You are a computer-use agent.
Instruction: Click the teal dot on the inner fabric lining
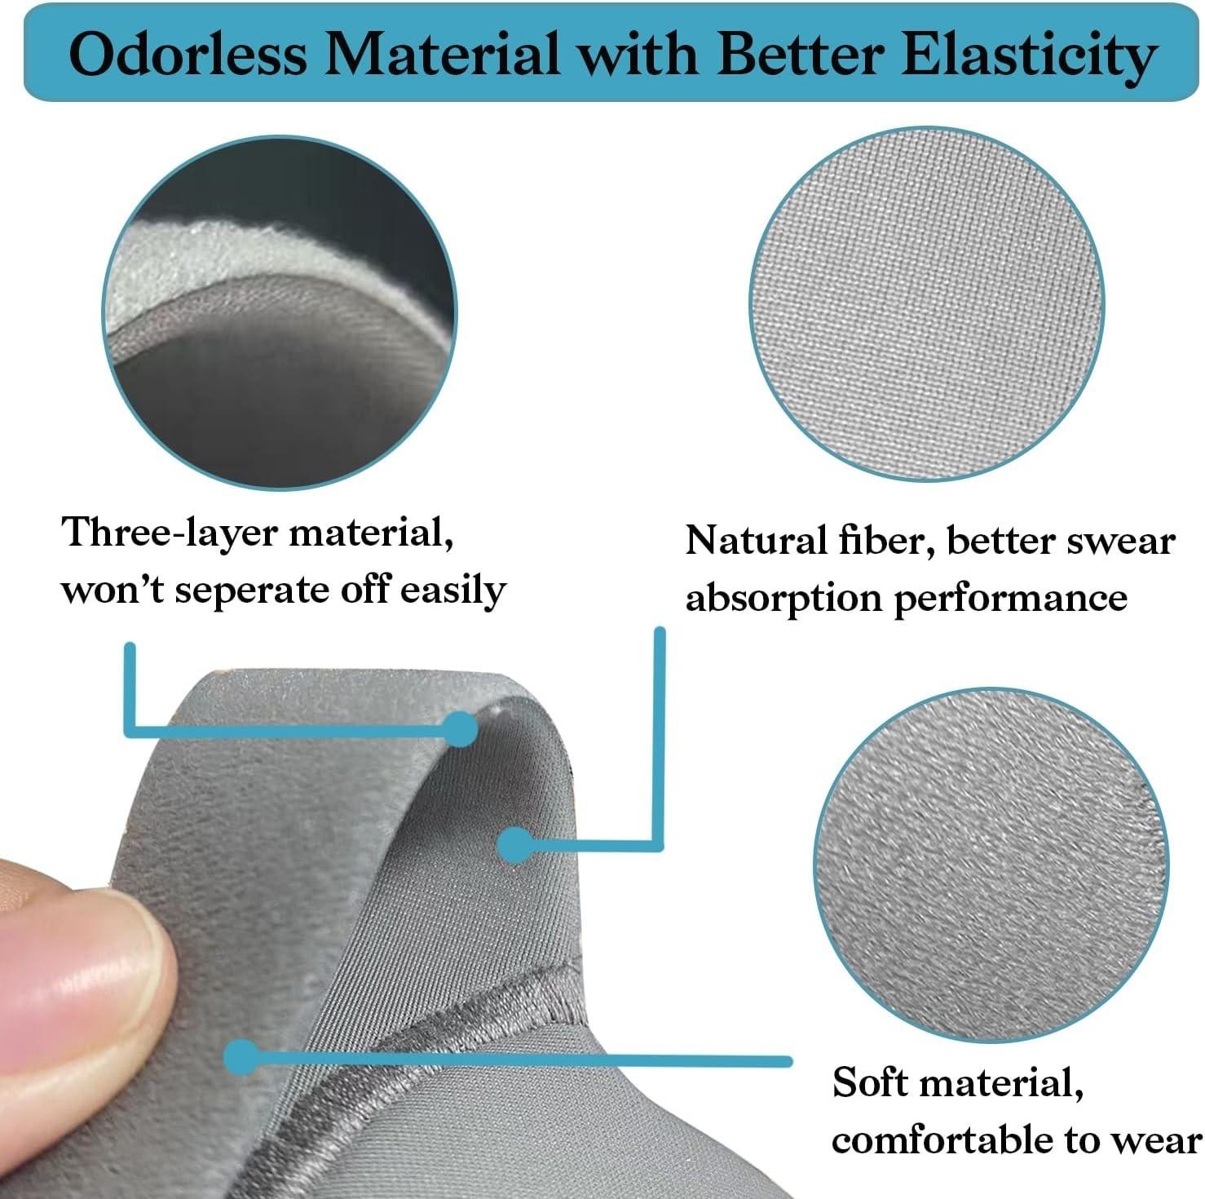pos(515,845)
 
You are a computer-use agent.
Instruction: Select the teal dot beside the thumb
pos(241,1058)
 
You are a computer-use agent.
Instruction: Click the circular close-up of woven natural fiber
pos(926,304)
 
